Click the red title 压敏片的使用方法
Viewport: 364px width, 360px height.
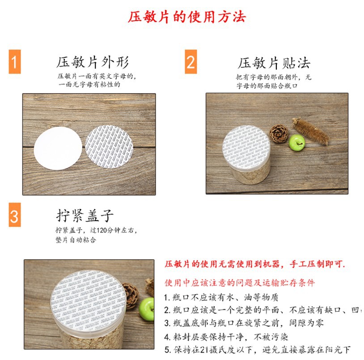coord(186,17)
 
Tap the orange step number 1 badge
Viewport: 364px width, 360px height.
coord(14,63)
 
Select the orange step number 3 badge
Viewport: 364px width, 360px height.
coord(14,216)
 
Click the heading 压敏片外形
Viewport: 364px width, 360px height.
coord(92,62)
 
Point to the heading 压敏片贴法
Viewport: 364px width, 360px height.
coord(274,63)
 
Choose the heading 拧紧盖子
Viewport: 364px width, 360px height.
coord(85,215)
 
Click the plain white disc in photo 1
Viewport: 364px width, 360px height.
coord(59,142)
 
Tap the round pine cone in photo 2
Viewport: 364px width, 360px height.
coord(279,133)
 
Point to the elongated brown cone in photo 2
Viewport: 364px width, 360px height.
coord(310,130)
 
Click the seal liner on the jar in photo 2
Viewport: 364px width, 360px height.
coord(246,144)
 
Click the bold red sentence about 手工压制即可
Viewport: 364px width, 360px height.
coord(255,264)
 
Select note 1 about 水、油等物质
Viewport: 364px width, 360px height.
coord(221,297)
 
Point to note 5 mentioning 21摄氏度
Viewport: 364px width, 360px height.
coord(257,349)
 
